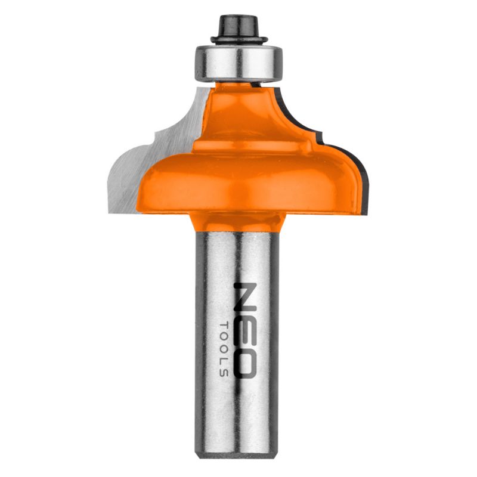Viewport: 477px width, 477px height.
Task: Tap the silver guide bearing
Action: coord(237,63)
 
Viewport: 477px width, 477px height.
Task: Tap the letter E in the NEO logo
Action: coord(245,328)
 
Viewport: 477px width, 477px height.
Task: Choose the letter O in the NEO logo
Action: coord(245,361)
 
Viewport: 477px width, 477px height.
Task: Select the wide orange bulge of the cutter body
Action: coord(250,179)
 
